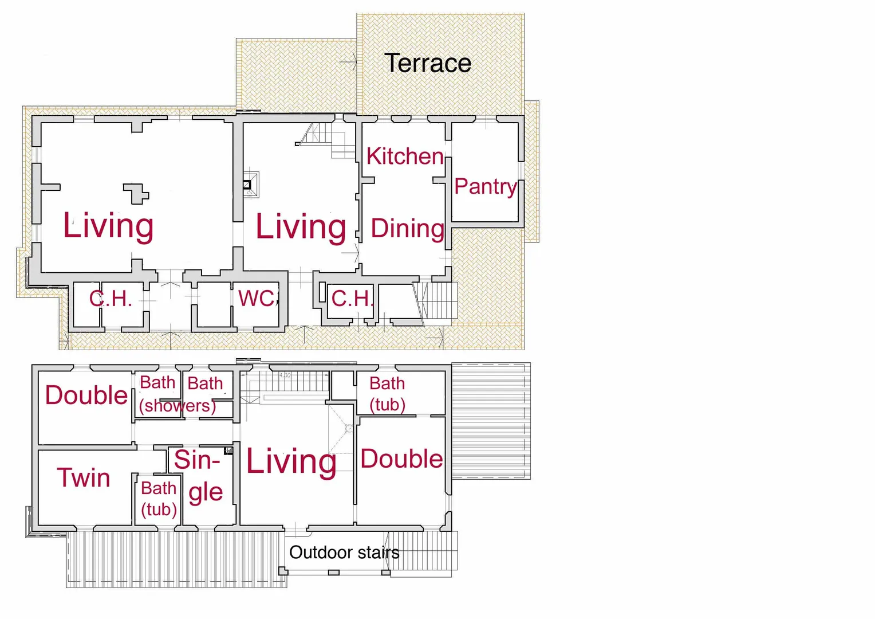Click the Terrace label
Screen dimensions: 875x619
click(428, 63)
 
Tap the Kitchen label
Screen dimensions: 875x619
click(405, 156)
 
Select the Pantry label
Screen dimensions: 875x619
click(486, 186)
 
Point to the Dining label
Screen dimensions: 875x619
click(407, 229)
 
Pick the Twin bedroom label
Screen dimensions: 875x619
click(84, 477)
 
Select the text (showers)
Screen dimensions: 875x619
click(178, 406)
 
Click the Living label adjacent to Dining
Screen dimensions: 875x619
click(301, 227)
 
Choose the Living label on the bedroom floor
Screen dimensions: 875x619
click(291, 462)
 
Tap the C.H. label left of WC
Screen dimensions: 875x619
click(111, 299)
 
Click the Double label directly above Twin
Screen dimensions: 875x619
click(86, 395)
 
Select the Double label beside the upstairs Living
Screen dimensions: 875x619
click(401, 459)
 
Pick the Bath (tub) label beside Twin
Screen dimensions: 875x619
click(159, 499)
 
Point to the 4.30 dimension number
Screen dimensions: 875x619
click(285, 375)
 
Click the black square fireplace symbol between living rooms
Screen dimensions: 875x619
click(247, 185)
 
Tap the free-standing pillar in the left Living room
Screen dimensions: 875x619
click(136, 194)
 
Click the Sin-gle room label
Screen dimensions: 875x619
click(199, 476)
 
